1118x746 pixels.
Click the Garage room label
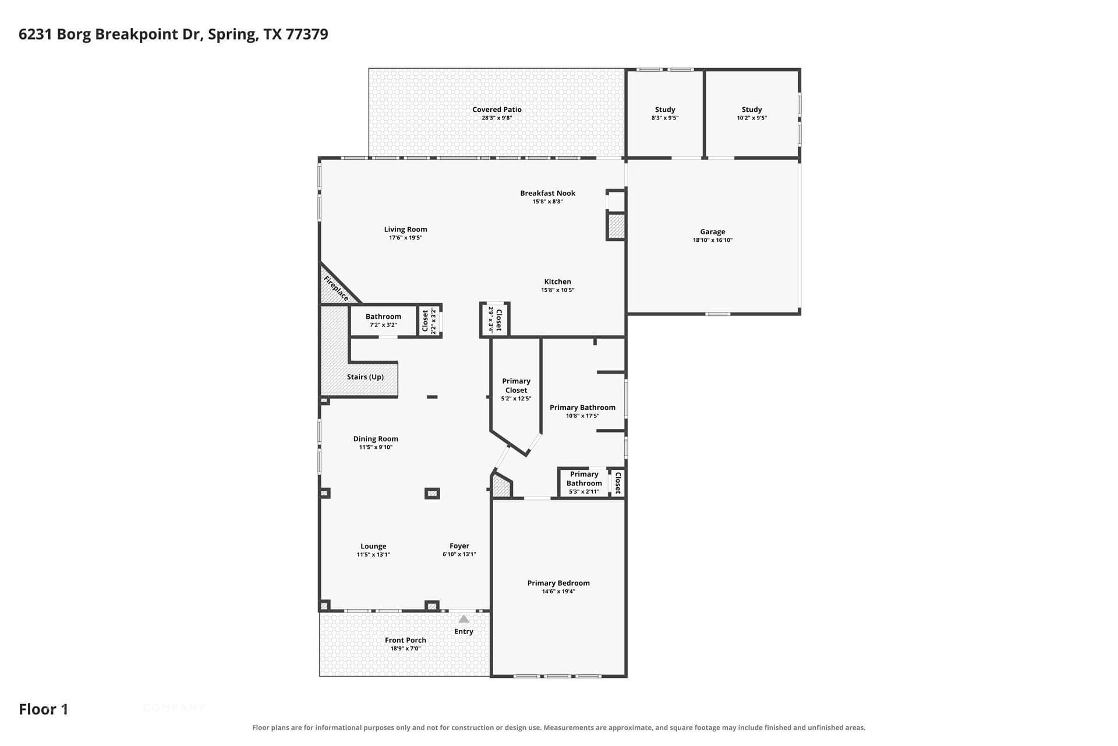click(712, 231)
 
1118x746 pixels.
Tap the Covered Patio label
click(497, 110)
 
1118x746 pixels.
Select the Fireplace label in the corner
click(337, 288)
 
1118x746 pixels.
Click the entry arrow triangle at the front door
click(464, 619)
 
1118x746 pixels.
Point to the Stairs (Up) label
click(365, 377)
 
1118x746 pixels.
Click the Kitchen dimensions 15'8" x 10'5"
click(558, 290)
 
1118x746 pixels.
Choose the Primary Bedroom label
click(558, 583)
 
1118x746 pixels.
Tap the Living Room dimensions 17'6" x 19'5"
click(405, 238)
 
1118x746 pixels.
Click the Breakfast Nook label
click(547, 193)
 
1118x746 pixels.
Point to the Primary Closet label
click(516, 386)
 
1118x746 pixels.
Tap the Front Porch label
click(405, 640)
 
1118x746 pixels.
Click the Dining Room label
click(376, 439)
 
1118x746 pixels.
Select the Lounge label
click(373, 547)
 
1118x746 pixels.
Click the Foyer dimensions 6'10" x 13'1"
click(459, 554)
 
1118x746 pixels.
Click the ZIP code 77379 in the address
click(307, 34)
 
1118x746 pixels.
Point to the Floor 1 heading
click(44, 709)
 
